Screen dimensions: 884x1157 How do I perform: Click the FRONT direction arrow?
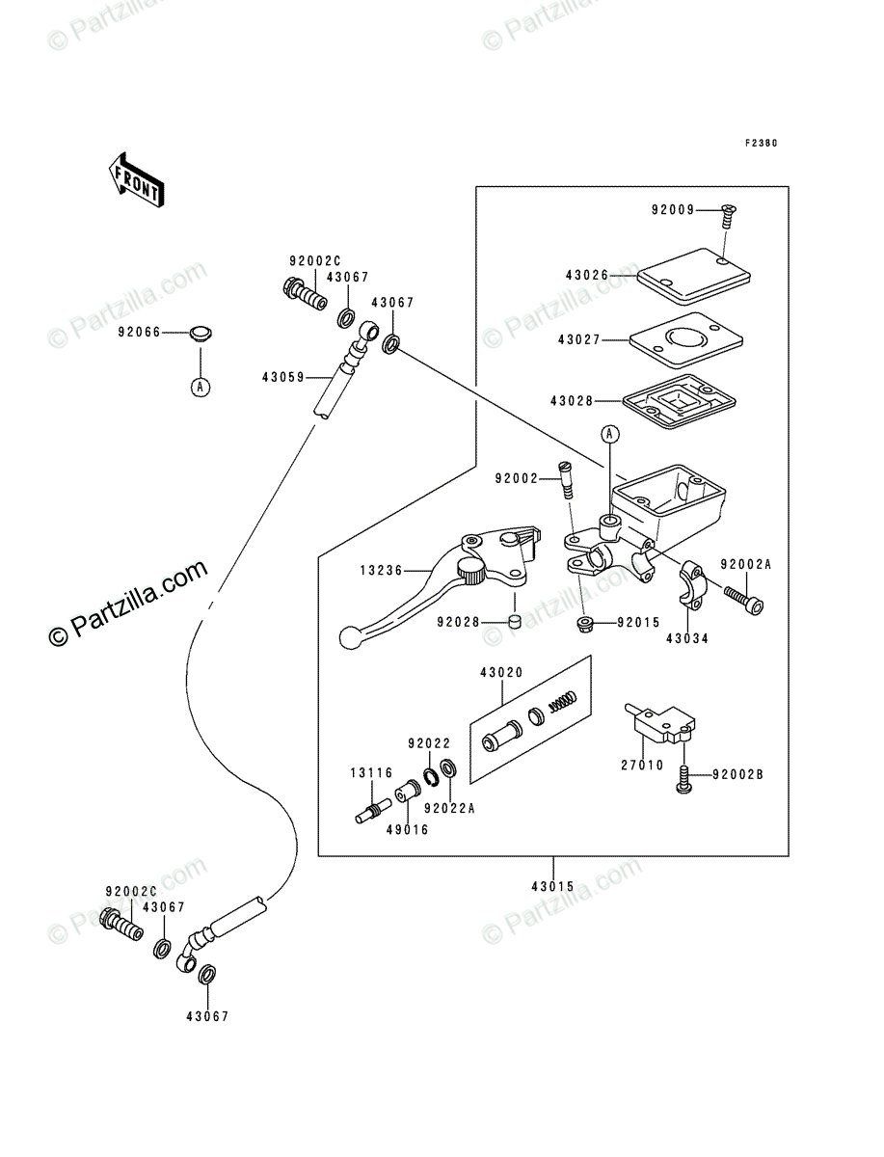click(x=137, y=181)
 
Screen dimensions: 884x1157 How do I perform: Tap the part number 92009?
click(x=673, y=210)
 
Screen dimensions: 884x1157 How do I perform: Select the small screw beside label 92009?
click(x=728, y=217)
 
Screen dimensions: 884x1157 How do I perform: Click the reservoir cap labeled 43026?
click(x=693, y=276)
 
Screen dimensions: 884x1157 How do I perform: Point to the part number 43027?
click(x=579, y=340)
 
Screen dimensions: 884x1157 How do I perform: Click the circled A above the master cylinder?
click(x=610, y=434)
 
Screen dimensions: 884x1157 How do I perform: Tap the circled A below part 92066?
click(x=201, y=388)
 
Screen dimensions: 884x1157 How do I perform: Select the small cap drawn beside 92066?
click(x=201, y=335)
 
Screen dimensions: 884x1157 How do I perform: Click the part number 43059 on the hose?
click(x=283, y=377)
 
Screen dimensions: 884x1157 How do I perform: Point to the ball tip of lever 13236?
click(x=349, y=638)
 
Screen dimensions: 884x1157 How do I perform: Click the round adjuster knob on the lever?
click(x=470, y=570)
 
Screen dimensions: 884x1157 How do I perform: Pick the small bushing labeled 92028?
click(x=515, y=622)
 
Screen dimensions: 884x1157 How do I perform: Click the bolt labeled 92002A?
click(x=743, y=601)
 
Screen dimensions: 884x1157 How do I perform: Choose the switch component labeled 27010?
click(x=659, y=724)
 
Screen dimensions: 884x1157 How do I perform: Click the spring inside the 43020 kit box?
click(x=563, y=702)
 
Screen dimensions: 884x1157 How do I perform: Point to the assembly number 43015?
click(x=552, y=887)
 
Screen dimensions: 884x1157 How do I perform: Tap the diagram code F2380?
click(x=761, y=144)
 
